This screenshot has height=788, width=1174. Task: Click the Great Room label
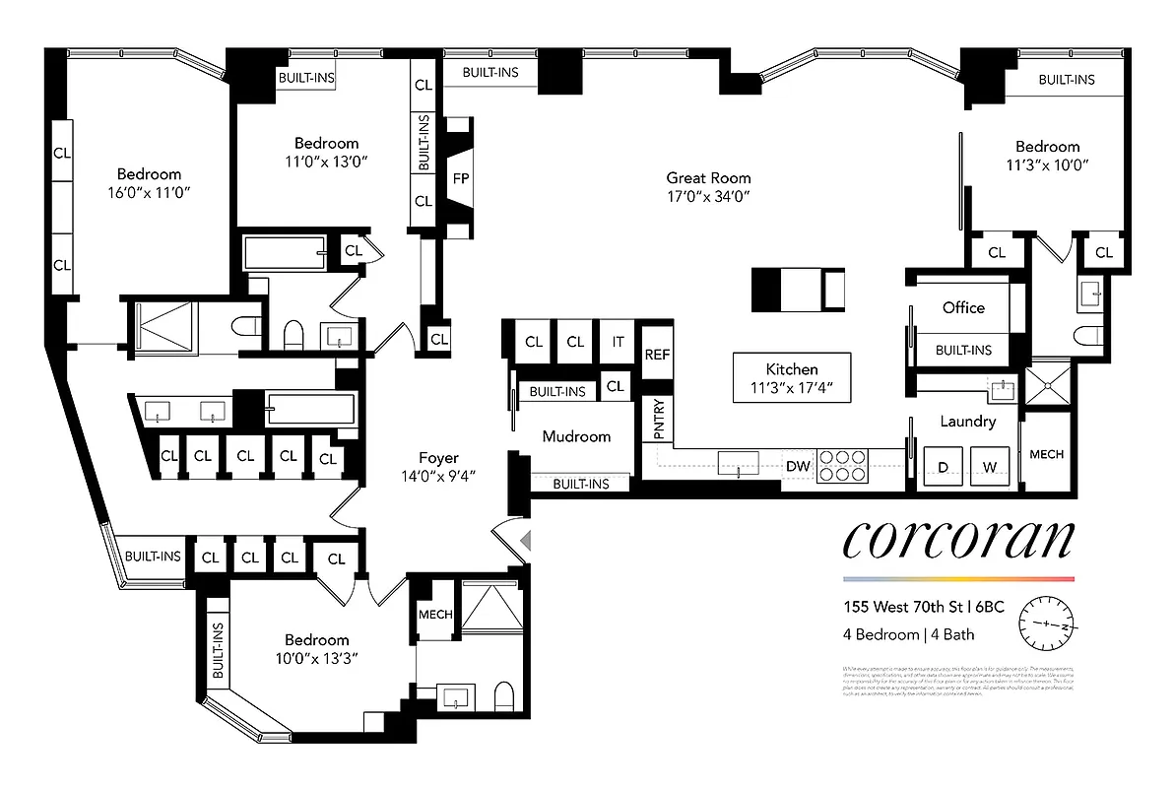(x=708, y=178)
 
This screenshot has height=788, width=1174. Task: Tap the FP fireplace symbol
(x=460, y=179)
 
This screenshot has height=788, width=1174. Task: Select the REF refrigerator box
(x=656, y=355)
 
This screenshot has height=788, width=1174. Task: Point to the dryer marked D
(x=942, y=466)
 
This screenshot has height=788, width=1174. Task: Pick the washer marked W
(x=990, y=466)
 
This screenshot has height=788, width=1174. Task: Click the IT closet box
(x=618, y=343)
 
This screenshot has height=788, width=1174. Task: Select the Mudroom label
(x=576, y=436)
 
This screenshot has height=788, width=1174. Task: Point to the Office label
(x=962, y=307)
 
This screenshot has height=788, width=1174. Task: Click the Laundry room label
(x=967, y=422)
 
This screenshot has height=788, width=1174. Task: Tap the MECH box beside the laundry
(x=1046, y=454)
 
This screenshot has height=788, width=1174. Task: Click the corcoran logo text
(x=957, y=541)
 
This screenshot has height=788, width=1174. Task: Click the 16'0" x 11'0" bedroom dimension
(x=150, y=193)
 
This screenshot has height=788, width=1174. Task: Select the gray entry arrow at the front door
(x=526, y=540)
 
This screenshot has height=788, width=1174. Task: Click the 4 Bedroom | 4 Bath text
(x=908, y=634)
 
